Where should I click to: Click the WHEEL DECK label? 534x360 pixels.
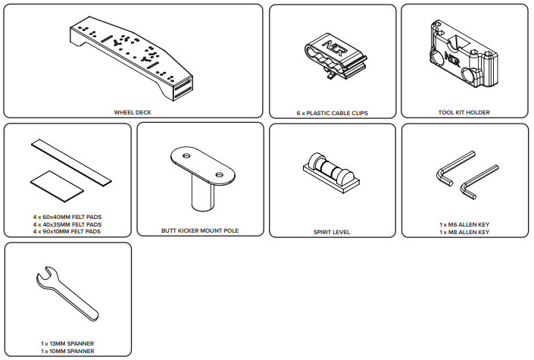pos(133,112)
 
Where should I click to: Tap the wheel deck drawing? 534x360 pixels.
pos(132,58)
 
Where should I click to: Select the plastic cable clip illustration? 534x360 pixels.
pos(336,56)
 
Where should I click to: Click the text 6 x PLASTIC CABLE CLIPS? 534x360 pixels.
pos(332,113)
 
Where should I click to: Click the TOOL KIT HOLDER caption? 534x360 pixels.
pos(464,112)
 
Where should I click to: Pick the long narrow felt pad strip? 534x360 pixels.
pos(71,162)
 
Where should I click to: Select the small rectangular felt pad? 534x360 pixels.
pos(57,186)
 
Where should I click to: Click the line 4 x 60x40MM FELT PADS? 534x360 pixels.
pos(67,217)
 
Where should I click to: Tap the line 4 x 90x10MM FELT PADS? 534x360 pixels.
pos(67,231)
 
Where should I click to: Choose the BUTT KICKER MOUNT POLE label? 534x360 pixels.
pos(200,230)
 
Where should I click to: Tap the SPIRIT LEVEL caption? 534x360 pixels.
pos(332,232)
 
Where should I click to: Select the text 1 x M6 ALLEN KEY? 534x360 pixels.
pos(464,224)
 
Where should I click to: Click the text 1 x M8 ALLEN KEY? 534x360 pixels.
pos(464,232)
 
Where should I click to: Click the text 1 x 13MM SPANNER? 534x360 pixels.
pos(67,343)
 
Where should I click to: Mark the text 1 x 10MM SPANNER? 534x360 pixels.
pos(67,351)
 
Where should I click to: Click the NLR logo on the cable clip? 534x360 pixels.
pos(335,49)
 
